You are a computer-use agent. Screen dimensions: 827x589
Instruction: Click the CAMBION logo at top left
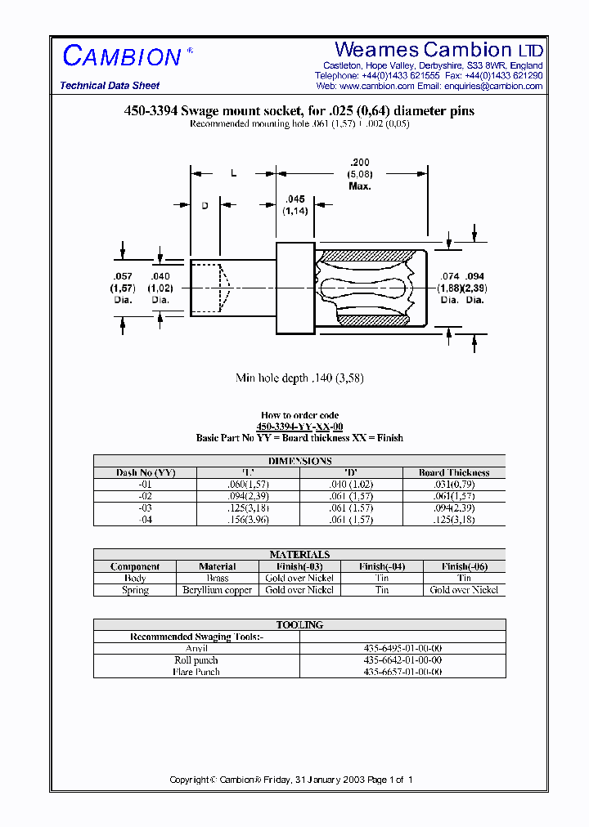pyautogui.click(x=122, y=56)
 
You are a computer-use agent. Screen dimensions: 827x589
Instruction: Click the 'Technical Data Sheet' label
pyautogui.click(x=110, y=86)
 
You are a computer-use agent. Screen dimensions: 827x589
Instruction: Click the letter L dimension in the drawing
pyautogui.click(x=233, y=173)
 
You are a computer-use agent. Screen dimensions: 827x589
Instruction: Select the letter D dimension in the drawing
pyautogui.click(x=205, y=205)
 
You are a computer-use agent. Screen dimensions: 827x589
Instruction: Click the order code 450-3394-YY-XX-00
pyautogui.click(x=299, y=427)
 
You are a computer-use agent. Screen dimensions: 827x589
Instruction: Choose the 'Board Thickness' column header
pyautogui.click(x=454, y=472)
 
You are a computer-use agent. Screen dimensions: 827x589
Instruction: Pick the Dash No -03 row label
pyautogui.click(x=145, y=507)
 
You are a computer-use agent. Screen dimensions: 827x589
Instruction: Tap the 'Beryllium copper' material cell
pyautogui.click(x=217, y=590)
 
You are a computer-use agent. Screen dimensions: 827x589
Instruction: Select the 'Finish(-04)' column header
pyautogui.click(x=381, y=566)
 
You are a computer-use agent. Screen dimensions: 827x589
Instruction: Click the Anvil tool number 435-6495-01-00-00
pyautogui.click(x=402, y=648)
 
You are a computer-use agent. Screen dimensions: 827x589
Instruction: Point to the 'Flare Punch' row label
pyautogui.click(x=196, y=672)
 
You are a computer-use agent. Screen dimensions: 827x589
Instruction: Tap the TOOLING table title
pyautogui.click(x=299, y=624)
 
